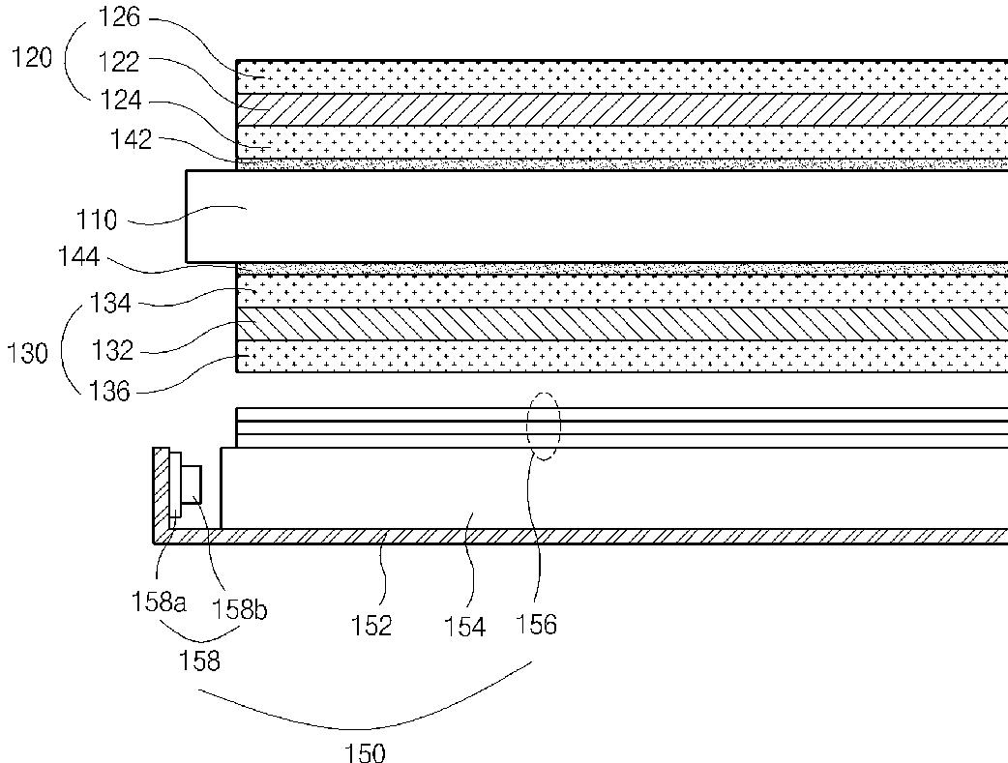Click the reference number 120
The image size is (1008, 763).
coord(32,58)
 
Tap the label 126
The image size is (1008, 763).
coord(119,17)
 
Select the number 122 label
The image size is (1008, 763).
coord(119,62)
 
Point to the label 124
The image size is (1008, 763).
coord(121,101)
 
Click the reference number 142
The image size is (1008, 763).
coord(131,139)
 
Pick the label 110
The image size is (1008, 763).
coord(97,220)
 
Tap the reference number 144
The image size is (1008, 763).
coord(79,257)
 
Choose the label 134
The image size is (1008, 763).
coord(110,303)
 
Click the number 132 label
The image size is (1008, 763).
coord(112,351)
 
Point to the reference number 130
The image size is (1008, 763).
coord(27,353)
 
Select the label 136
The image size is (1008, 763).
coord(108,391)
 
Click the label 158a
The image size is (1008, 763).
coord(158,602)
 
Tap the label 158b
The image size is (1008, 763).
coord(239,608)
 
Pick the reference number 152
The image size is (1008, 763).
coord(371,626)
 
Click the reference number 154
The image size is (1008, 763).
coord(464,627)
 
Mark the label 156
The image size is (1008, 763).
coord(536,624)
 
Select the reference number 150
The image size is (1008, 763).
coord(365,752)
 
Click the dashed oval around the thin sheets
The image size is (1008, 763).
coord(544,393)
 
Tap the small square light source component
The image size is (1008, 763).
coord(193,484)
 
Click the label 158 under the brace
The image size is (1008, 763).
coord(199,660)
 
